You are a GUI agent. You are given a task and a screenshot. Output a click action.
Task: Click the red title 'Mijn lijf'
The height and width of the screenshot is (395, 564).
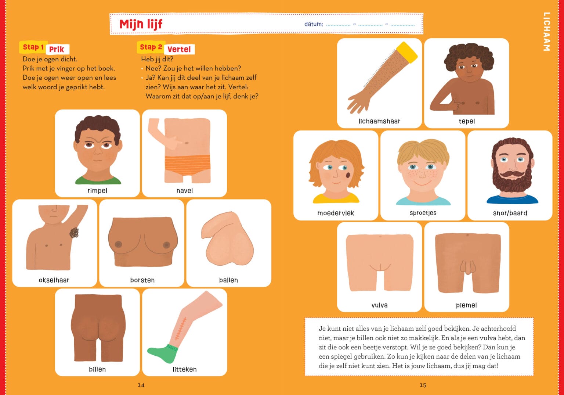141,25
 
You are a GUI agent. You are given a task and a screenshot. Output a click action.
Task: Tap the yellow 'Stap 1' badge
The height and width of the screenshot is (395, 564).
33,47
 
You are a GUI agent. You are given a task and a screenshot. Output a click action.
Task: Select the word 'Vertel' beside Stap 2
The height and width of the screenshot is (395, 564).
179,49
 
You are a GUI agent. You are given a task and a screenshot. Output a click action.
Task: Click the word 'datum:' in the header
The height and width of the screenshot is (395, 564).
314,24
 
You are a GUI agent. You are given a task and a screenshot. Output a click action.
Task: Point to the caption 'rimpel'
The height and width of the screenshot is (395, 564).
97,191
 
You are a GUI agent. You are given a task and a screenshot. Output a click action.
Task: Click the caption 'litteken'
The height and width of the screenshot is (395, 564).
185,369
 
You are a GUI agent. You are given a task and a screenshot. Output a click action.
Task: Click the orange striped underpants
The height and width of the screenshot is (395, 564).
187,165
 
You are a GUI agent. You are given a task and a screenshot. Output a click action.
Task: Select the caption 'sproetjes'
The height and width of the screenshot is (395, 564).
423,213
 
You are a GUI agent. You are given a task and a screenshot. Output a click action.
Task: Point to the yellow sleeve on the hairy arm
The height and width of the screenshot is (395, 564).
407,53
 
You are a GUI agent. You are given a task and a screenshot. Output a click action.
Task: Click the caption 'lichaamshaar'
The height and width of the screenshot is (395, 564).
379,121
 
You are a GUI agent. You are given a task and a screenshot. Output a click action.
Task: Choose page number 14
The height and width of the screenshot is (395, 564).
141,385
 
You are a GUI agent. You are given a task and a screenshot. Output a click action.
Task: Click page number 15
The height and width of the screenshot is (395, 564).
423,385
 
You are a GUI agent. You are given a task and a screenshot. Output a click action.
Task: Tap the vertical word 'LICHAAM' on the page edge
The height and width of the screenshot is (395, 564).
546,32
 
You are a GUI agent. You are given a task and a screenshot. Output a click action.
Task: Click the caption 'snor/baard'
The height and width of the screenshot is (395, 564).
510,213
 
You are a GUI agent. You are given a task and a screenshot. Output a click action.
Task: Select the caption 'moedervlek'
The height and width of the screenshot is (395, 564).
336,213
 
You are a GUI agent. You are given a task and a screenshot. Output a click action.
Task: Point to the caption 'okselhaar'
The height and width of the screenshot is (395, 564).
54,280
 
